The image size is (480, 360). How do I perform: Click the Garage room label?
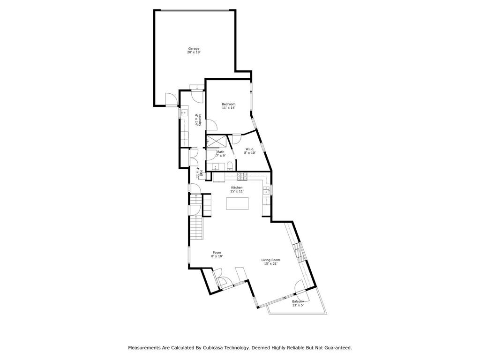point(194,48)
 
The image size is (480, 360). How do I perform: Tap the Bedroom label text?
point(228,104)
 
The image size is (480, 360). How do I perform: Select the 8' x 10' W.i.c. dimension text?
point(250,153)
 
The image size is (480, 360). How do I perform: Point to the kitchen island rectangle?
point(237,203)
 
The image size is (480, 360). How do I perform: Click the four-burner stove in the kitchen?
point(242,176)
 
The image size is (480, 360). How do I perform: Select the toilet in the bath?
point(230,166)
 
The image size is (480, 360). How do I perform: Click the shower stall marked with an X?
point(217,142)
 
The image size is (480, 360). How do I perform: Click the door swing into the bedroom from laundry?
point(212,125)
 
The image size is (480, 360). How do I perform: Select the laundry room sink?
point(184,113)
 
